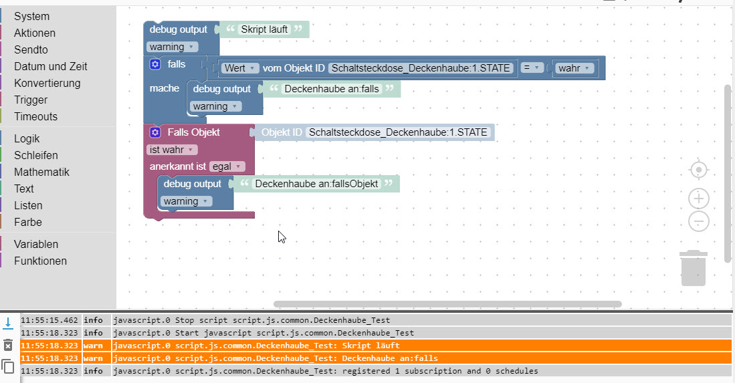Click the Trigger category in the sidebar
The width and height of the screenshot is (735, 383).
(31, 100)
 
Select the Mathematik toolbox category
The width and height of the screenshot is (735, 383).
(41, 172)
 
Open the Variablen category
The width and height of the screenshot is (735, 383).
(36, 244)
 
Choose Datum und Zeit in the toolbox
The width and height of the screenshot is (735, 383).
(50, 66)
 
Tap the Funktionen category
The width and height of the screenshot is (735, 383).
(40, 261)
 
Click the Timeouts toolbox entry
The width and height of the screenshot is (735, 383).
(35, 116)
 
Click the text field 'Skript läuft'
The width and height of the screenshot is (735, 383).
(264, 29)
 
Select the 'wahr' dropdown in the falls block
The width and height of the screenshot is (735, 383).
(574, 68)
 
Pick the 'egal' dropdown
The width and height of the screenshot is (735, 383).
(227, 166)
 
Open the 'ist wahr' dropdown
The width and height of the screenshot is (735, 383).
(172, 150)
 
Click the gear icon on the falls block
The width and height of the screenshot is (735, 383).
(155, 64)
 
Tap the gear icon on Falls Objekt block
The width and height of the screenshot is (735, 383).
(155, 132)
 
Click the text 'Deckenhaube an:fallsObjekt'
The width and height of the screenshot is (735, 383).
(317, 184)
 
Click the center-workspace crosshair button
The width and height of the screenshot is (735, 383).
(699, 170)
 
